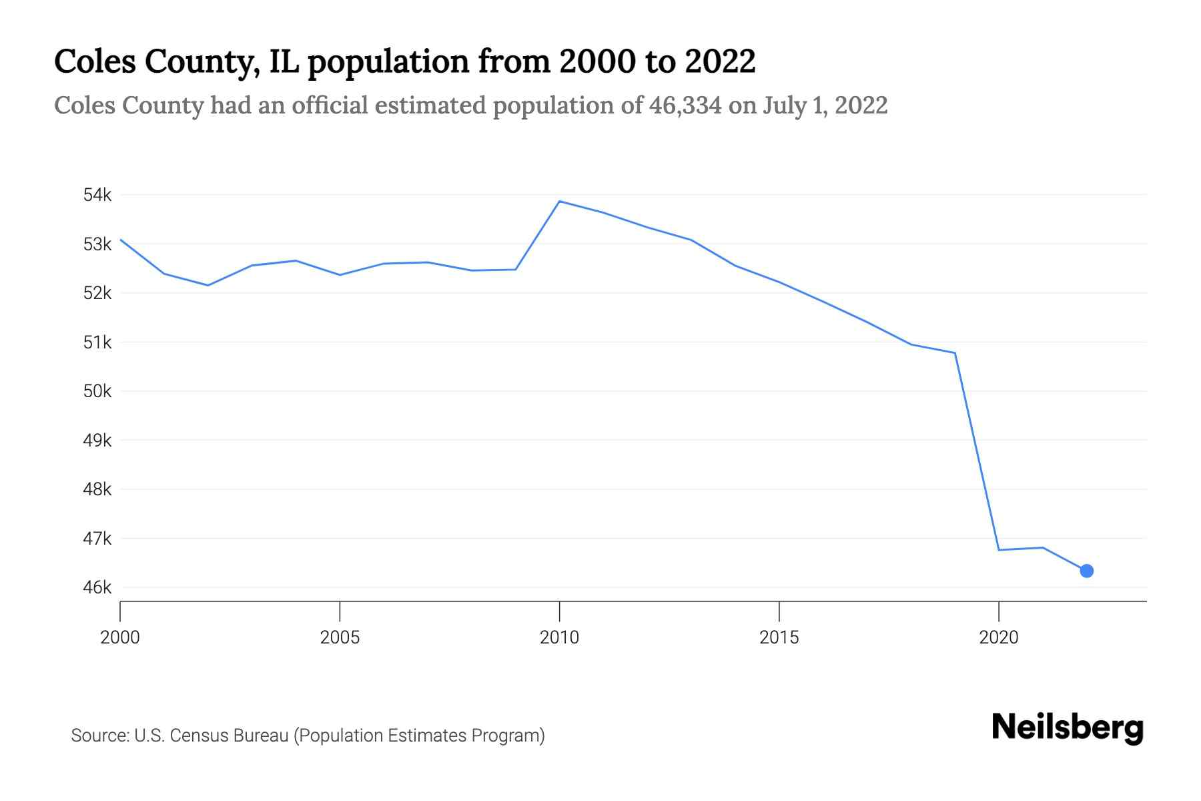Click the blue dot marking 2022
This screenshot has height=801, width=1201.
[1086, 571]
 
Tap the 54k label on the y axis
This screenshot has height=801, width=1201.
[97, 195]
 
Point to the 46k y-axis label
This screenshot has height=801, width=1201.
[97, 587]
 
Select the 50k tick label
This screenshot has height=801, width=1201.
[97, 391]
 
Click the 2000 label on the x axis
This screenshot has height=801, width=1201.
[120, 637]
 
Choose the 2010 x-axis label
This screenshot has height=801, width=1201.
[559, 637]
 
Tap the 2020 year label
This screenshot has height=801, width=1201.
[999, 637]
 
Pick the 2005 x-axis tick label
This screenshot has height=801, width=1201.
[340, 637]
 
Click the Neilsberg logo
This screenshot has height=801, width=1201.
[1068, 728]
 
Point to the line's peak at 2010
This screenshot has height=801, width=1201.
[559, 201]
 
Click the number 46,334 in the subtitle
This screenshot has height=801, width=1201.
[685, 105]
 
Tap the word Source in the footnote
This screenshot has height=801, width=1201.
[99, 736]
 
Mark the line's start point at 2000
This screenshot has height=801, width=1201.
[121, 240]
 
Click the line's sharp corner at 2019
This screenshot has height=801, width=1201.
[955, 353]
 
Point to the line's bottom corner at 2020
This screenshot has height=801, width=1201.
[999, 550]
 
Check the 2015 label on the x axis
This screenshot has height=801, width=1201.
[779, 637]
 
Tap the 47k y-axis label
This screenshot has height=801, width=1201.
[97, 539]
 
